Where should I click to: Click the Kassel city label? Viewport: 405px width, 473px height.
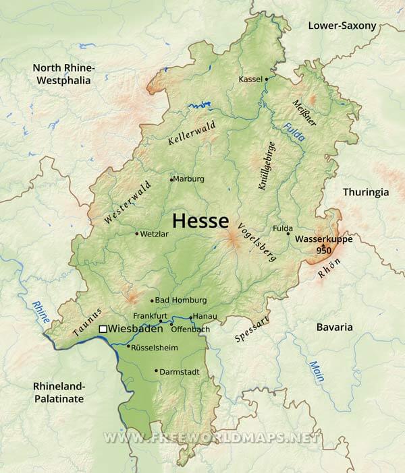[x=250, y=80]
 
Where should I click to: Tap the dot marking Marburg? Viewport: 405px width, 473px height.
[x=172, y=179]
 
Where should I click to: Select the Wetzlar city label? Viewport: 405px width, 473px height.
[x=153, y=234]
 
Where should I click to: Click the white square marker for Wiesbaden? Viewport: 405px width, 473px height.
[x=103, y=329]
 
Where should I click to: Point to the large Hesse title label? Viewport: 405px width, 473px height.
[x=200, y=220]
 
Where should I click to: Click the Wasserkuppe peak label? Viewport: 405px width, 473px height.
[x=324, y=239]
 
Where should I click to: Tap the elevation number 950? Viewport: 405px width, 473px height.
[x=324, y=250]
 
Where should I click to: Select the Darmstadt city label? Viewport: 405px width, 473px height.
[x=180, y=371]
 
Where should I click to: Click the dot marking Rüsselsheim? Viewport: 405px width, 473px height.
[x=128, y=346]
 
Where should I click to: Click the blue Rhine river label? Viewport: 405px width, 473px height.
[x=40, y=313]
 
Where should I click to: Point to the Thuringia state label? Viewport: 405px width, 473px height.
[x=365, y=192]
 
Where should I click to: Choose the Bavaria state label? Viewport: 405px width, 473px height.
[x=334, y=327]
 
